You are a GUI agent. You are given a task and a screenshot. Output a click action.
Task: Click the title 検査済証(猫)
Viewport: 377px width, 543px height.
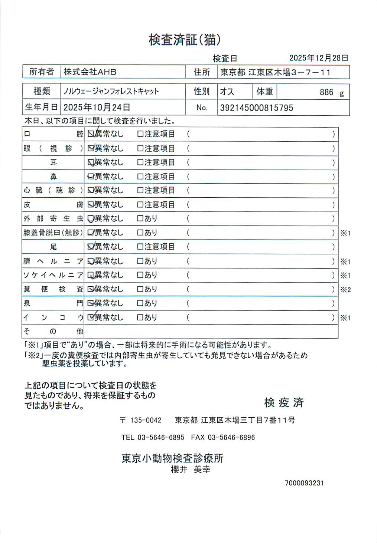(185, 40)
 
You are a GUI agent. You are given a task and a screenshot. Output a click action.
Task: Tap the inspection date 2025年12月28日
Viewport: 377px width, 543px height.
(318, 58)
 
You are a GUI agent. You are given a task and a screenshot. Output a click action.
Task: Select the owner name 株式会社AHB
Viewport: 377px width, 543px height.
(90, 72)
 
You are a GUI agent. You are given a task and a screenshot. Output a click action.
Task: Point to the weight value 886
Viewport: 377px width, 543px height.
(326, 92)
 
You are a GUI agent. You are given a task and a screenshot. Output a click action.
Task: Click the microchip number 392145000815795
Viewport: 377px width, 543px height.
(256, 108)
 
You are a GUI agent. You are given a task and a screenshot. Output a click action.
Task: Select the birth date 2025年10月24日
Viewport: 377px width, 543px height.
(97, 108)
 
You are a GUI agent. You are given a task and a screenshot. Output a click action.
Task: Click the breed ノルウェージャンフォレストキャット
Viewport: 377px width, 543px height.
(111, 91)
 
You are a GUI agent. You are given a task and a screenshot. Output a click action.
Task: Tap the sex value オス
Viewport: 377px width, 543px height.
(227, 92)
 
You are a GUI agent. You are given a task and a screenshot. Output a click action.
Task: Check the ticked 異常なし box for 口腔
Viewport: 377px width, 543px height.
(91, 134)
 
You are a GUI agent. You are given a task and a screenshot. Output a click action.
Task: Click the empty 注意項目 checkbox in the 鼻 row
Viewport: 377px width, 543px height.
(140, 177)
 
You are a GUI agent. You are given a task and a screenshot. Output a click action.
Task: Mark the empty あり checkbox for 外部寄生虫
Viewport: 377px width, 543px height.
(140, 218)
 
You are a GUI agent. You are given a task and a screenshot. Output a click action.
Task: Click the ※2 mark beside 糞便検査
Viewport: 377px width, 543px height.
(345, 290)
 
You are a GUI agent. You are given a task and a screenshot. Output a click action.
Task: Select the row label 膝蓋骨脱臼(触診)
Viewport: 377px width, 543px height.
(53, 233)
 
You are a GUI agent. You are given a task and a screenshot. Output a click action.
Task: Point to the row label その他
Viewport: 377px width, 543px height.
(53, 331)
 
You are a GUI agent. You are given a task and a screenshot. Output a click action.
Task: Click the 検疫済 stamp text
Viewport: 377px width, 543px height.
(284, 402)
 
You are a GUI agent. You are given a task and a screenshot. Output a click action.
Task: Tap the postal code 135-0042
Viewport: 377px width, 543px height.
(146, 420)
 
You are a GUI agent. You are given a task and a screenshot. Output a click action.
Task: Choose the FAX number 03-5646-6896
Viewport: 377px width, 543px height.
(231, 437)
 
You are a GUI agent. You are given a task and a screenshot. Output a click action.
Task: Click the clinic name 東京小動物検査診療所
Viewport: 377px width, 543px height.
(172, 458)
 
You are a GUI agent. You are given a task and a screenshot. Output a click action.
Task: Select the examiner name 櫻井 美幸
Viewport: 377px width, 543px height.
(191, 470)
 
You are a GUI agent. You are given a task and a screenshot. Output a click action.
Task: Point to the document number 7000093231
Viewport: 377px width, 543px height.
(304, 483)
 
